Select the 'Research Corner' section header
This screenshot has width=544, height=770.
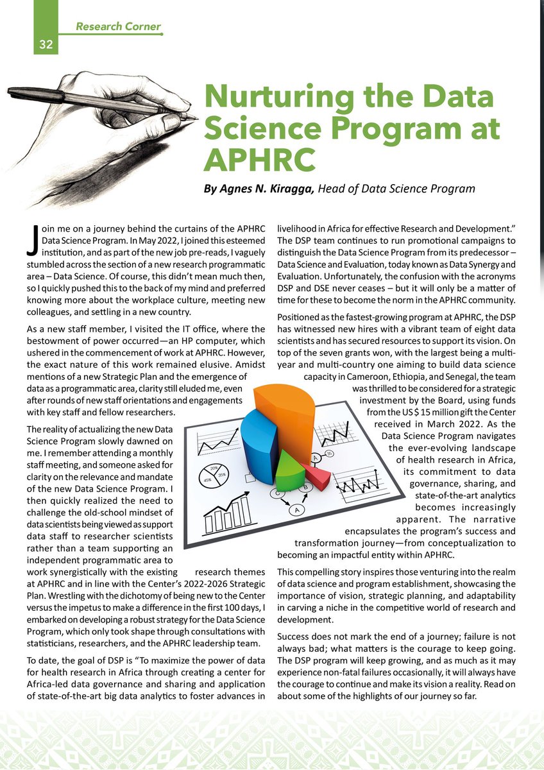(x=118, y=27)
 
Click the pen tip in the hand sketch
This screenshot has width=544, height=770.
(x=194, y=118)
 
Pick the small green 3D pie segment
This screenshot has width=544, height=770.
(x=291, y=472)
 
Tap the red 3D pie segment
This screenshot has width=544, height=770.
(x=316, y=474)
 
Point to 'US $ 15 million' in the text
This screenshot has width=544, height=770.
(x=421, y=412)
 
